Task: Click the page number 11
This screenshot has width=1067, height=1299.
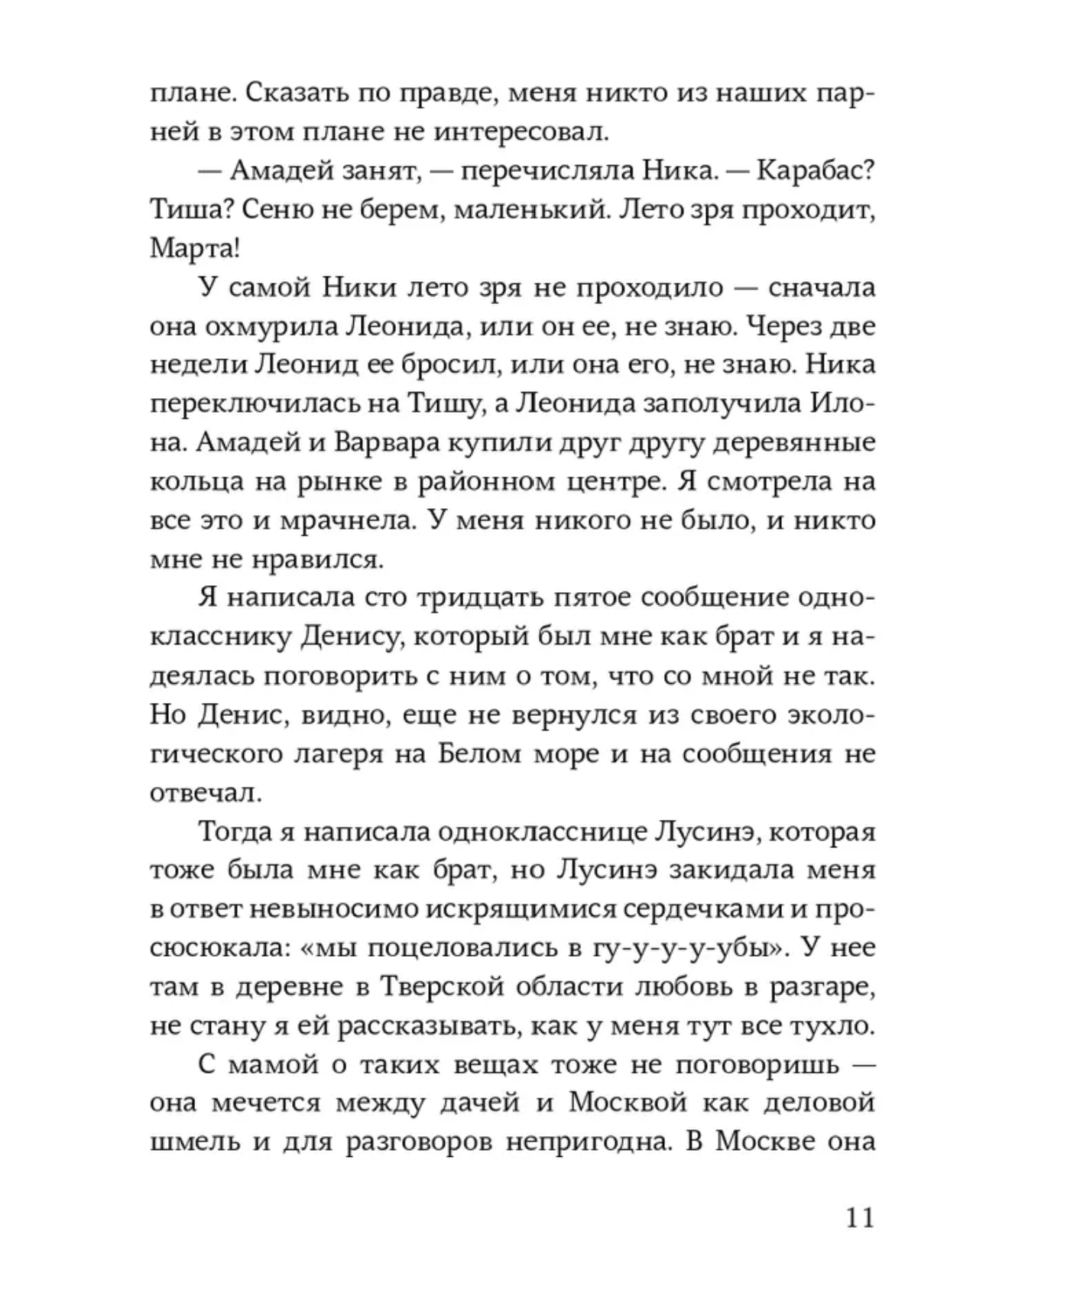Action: [860, 1217]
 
